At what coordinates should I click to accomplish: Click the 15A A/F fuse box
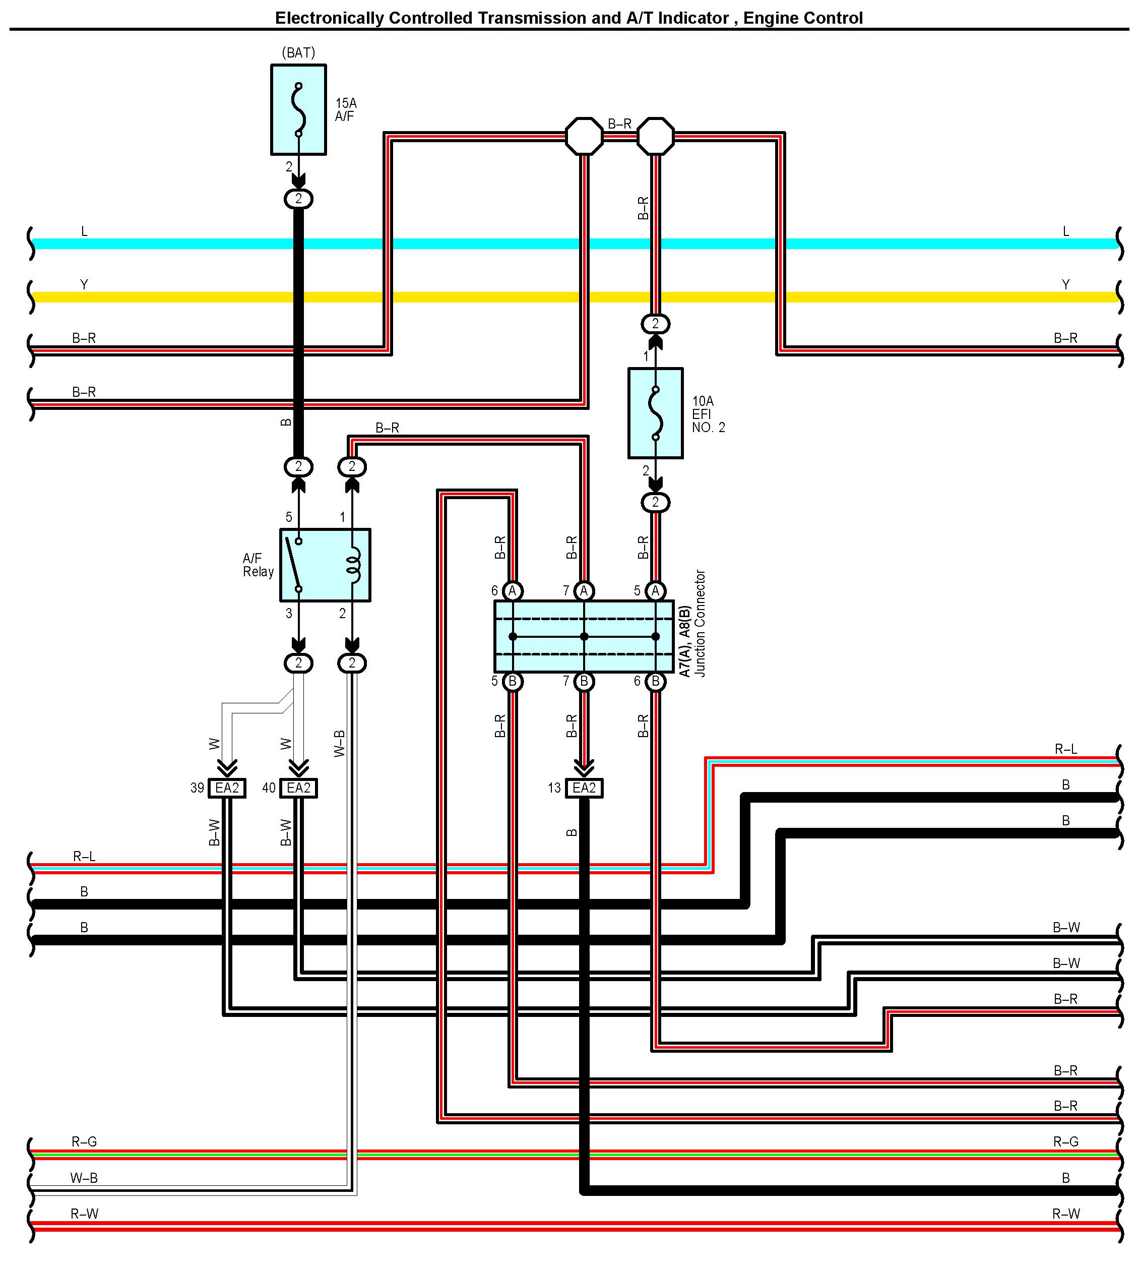(x=298, y=109)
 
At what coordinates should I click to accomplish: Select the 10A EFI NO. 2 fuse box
(x=655, y=413)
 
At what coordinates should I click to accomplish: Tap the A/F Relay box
(x=325, y=565)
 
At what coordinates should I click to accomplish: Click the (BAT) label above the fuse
(x=298, y=52)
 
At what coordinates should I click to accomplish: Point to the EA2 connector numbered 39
(x=227, y=788)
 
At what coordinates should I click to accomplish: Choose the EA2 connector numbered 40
(x=298, y=788)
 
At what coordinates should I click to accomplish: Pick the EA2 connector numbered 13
(x=584, y=788)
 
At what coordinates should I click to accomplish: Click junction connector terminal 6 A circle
(x=513, y=590)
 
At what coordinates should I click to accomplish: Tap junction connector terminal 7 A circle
(x=584, y=590)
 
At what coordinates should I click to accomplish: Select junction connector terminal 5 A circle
(x=655, y=590)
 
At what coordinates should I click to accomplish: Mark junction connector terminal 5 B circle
(x=513, y=681)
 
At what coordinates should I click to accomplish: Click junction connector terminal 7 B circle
(x=584, y=681)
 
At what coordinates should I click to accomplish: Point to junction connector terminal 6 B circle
(x=655, y=681)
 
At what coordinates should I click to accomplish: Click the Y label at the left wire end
(x=84, y=285)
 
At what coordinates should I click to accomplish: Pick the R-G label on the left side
(x=84, y=1141)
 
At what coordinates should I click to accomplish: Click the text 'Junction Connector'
(x=701, y=623)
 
